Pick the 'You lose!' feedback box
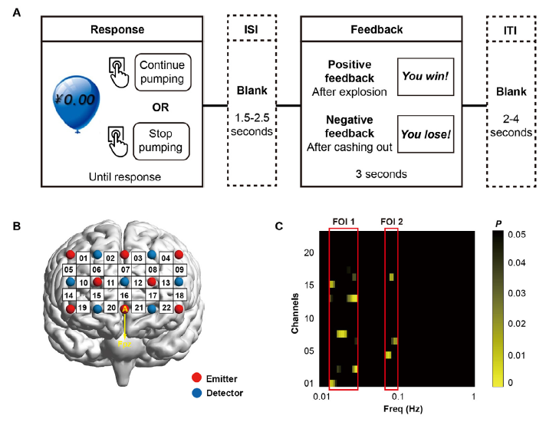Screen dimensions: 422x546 point(426,134)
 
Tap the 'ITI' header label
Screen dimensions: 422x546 point(509,28)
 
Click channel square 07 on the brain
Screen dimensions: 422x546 point(124,270)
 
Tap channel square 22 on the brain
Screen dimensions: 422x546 point(166,308)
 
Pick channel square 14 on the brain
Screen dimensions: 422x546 point(69,295)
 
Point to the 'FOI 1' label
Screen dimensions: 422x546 point(341,223)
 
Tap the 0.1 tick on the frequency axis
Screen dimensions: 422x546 point(398,395)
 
